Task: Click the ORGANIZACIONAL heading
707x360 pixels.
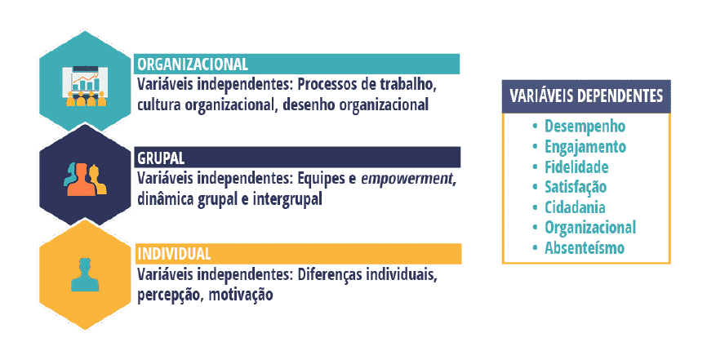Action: [193, 64]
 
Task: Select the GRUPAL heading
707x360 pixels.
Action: [161, 158]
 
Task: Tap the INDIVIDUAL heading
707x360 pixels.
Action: [174, 254]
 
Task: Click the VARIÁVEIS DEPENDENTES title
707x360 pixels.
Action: [586, 96]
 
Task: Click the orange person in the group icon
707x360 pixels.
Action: [81, 179]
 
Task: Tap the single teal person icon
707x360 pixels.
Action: [85, 275]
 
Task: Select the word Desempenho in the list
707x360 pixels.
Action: [585, 127]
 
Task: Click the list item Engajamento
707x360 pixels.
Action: [585, 147]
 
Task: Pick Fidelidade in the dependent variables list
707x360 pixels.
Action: [576, 167]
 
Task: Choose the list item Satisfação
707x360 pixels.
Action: [576, 188]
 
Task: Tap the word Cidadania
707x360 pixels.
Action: [575, 207]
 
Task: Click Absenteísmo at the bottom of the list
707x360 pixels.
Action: [585, 248]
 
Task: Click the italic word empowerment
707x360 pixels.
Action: [407, 179]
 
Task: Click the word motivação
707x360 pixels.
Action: [241, 295]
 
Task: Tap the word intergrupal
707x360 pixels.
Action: [287, 199]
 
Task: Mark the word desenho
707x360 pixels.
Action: [309, 104]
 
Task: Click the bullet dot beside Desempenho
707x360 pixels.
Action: [536, 127]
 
